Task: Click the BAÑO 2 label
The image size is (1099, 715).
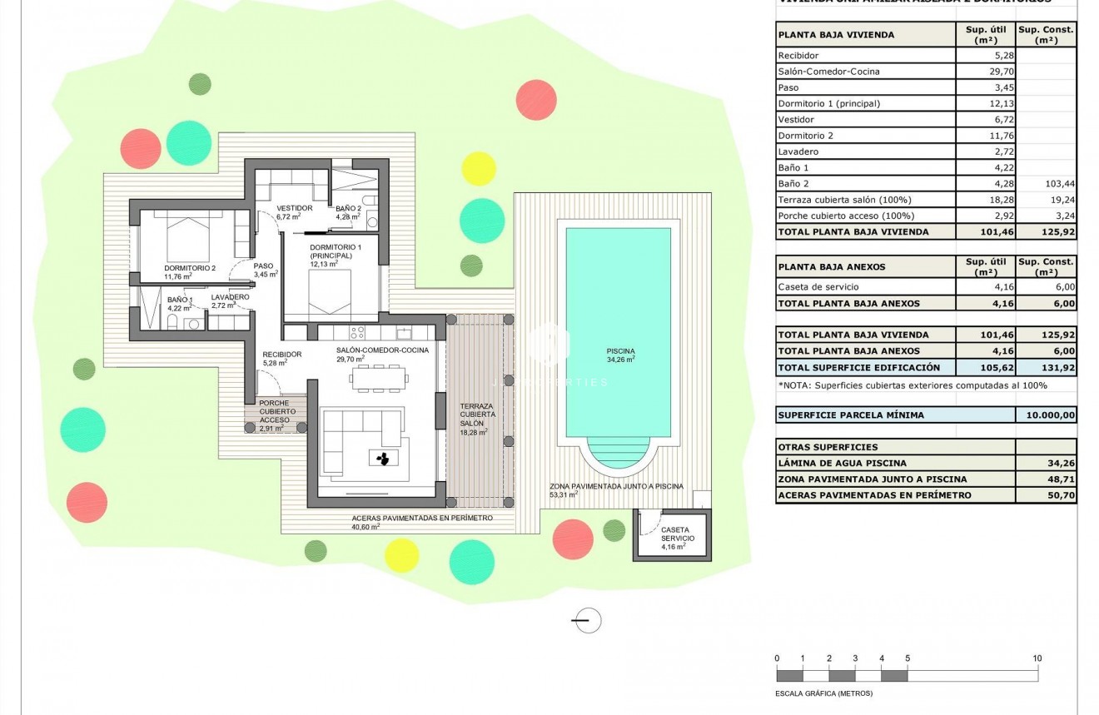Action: pyautogui.click(x=347, y=208)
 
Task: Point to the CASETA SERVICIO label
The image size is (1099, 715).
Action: pyautogui.click(x=674, y=534)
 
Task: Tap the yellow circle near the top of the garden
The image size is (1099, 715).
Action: pyautogui.click(x=479, y=168)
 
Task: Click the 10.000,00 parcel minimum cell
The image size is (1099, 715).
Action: pyautogui.click(x=1046, y=415)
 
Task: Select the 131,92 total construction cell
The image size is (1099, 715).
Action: pyautogui.click(x=1046, y=367)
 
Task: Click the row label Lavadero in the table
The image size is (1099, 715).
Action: pyautogui.click(x=798, y=151)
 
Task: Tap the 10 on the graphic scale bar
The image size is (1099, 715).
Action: pyautogui.click(x=1037, y=658)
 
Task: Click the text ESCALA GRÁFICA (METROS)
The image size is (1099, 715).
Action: pyautogui.click(x=823, y=693)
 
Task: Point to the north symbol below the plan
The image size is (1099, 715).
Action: pyautogui.click(x=587, y=619)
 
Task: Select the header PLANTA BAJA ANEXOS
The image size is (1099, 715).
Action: pyautogui.click(x=831, y=267)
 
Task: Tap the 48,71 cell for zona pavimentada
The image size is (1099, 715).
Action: pyautogui.click(x=1046, y=479)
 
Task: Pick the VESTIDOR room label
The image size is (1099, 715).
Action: pyautogui.click(x=294, y=208)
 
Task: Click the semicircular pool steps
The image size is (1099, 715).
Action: pyautogui.click(x=618, y=456)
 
